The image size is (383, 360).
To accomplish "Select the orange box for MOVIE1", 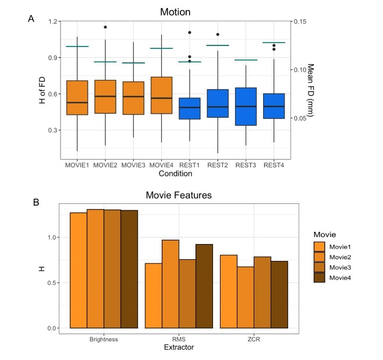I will (x=77, y=97).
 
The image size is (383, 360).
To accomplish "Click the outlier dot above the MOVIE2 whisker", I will (x=105, y=27).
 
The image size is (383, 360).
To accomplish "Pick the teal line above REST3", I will (x=245, y=60).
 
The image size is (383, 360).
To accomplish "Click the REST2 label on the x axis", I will (x=217, y=165).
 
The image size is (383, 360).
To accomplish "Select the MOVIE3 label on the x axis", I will (x=133, y=165).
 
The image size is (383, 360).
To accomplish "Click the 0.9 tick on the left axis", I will (x=51, y=58).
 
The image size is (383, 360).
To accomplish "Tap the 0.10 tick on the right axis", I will (x=300, y=69).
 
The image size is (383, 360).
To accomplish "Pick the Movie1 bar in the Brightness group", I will (x=79, y=270).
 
